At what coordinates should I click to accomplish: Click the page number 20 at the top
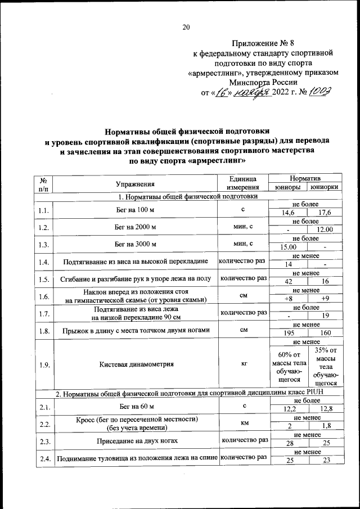tap(186, 27)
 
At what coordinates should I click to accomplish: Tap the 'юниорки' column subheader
tap(325, 187)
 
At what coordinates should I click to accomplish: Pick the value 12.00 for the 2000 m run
tap(325, 229)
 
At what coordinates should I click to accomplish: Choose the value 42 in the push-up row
tap(289, 281)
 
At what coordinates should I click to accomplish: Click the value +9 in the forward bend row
tap(325, 299)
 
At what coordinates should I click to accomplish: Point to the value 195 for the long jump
tap(289, 333)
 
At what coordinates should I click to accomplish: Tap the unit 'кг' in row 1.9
tap(244, 364)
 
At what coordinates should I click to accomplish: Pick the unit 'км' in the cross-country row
tap(244, 422)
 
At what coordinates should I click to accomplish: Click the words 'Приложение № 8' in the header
tap(264, 43)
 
